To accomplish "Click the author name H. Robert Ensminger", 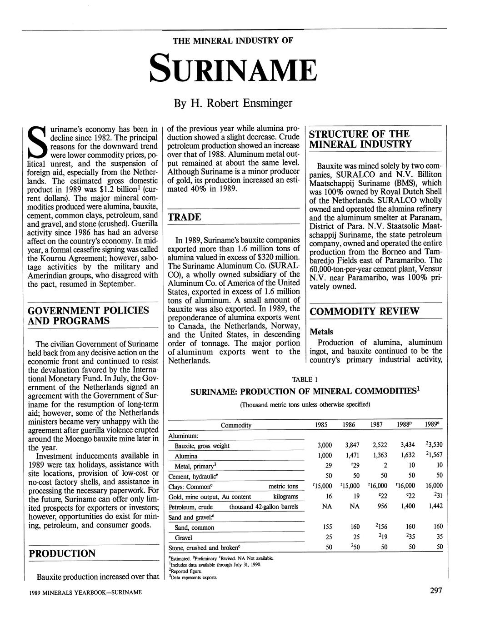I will pyautogui.click(x=233, y=104).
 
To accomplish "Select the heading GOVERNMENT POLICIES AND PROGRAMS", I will pyautogui.click(x=88, y=316).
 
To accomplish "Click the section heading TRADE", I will pyautogui.click(x=185, y=217).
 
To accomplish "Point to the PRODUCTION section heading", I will pyautogui.click(x=62, y=553).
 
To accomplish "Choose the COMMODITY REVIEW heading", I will pyautogui.click(x=364, y=311).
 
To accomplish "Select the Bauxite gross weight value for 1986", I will pyautogui.click(x=349, y=445).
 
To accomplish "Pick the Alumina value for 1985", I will pyautogui.click(x=324, y=455).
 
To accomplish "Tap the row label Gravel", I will pyautogui.click(x=183, y=537).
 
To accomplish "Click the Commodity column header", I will pyautogui.click(x=235, y=425).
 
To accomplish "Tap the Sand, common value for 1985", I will pyautogui.click(x=326, y=527).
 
